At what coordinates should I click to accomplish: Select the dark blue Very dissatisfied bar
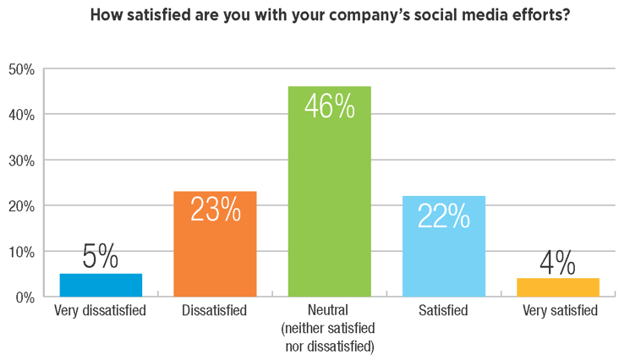[101, 286]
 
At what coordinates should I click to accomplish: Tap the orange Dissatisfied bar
[215, 244]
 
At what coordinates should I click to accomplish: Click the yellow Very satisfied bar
[557, 287]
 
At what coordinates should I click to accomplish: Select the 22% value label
[443, 216]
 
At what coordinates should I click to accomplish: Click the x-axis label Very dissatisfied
[101, 311]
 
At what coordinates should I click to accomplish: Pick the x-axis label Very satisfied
[557, 311]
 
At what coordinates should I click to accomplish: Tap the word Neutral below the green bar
[329, 311]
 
